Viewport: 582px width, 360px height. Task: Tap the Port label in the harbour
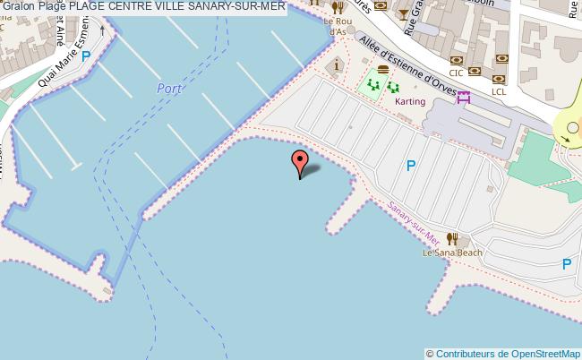tap(170, 88)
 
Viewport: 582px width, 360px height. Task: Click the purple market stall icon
tap(463, 97)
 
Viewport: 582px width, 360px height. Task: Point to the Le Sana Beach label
tap(452, 253)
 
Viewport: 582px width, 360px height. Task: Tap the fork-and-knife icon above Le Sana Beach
tap(452, 238)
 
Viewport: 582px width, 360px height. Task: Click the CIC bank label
tap(456, 73)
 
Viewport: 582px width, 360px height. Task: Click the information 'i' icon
tap(337, 65)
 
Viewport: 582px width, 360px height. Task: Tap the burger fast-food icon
tap(383, 69)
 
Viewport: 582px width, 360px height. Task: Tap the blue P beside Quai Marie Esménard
tap(86, 56)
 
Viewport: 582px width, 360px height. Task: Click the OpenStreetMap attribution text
tap(504, 353)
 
